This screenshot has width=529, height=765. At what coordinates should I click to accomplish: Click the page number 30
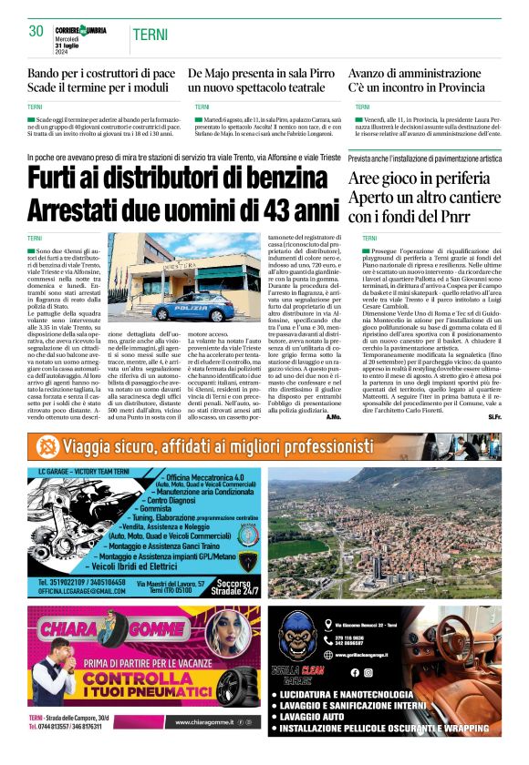(36, 31)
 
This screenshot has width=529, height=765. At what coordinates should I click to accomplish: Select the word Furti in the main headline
(62, 179)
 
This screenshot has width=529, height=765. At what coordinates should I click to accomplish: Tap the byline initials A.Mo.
(334, 416)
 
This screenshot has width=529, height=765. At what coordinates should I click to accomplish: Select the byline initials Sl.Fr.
(494, 416)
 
